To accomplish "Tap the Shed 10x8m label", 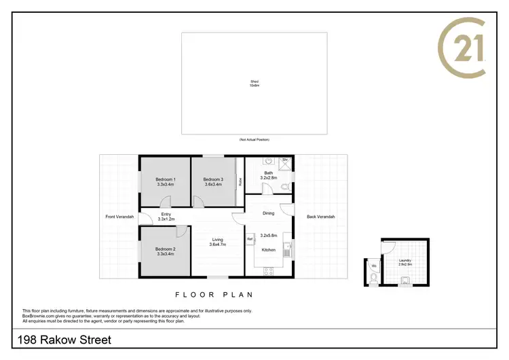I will (x=254, y=84).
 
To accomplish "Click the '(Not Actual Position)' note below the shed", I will (x=254, y=139).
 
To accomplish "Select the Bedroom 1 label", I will (x=166, y=181).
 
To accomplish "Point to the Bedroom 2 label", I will (x=166, y=251).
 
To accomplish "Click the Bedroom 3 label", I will (x=213, y=181).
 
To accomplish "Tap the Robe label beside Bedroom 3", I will (x=240, y=181).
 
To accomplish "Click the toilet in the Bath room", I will (x=286, y=185).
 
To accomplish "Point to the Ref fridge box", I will (x=250, y=239).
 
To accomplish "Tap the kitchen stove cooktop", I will (x=268, y=270).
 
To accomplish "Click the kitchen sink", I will (x=288, y=249).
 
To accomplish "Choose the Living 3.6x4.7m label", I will (x=218, y=242).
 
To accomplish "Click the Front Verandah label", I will (x=119, y=217).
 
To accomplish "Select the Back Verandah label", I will (x=320, y=217).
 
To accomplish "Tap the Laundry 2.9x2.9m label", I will (x=405, y=262).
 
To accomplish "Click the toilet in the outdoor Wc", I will (x=373, y=276).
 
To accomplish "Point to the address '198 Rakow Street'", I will (x=62, y=340).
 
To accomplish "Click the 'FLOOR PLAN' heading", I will (x=214, y=295).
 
